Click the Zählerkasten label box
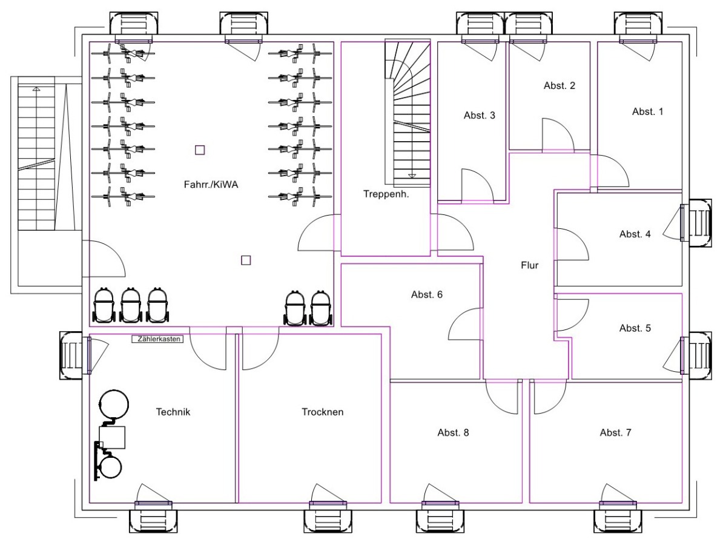(x=157, y=340)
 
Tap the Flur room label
(x=529, y=265)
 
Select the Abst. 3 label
(x=480, y=115)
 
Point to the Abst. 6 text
(x=427, y=295)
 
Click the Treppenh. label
(x=387, y=194)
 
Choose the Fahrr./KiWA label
(x=211, y=185)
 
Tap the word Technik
(x=173, y=412)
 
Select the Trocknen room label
(x=323, y=412)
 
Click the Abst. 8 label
(x=453, y=432)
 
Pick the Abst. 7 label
(x=616, y=432)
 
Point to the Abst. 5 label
(x=635, y=328)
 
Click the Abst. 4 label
(x=635, y=234)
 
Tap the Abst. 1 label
(x=648, y=111)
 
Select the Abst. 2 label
(x=560, y=85)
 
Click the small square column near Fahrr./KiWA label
(x=200, y=150)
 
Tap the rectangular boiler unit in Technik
(x=113, y=437)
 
